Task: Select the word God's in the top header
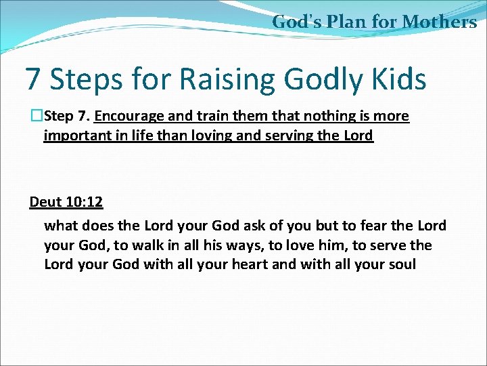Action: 296,22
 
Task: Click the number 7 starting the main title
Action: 32,79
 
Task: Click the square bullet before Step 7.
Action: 36,116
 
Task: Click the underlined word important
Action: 74,135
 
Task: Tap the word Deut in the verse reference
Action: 45,202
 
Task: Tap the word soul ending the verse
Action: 401,264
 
